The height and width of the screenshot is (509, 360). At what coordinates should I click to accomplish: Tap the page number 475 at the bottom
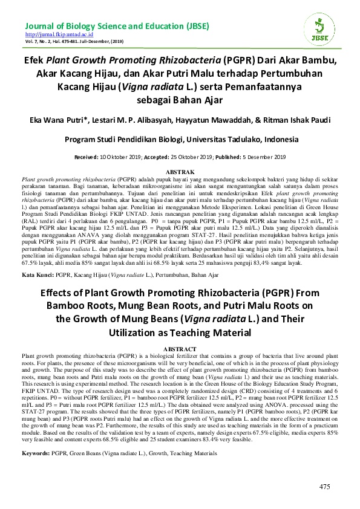pyautogui.click(x=325, y=487)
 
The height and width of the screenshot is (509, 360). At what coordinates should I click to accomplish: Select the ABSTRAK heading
pyautogui.click(x=180, y=172)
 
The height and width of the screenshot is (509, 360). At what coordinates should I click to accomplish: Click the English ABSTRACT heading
pyautogui.click(x=180, y=349)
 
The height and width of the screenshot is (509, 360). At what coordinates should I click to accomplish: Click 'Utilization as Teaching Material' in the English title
pyautogui.click(x=180, y=332)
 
